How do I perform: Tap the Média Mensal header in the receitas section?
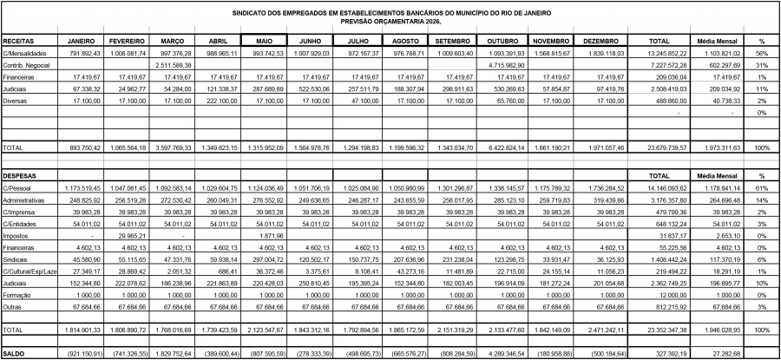717,41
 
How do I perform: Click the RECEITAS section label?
18,41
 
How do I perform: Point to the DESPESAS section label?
19,174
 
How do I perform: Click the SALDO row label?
14,355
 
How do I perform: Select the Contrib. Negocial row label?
25,65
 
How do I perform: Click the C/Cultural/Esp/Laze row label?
30,272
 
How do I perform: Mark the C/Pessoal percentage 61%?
761,187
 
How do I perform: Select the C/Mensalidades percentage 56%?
761,53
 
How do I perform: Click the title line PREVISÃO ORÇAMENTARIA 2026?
390,21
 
